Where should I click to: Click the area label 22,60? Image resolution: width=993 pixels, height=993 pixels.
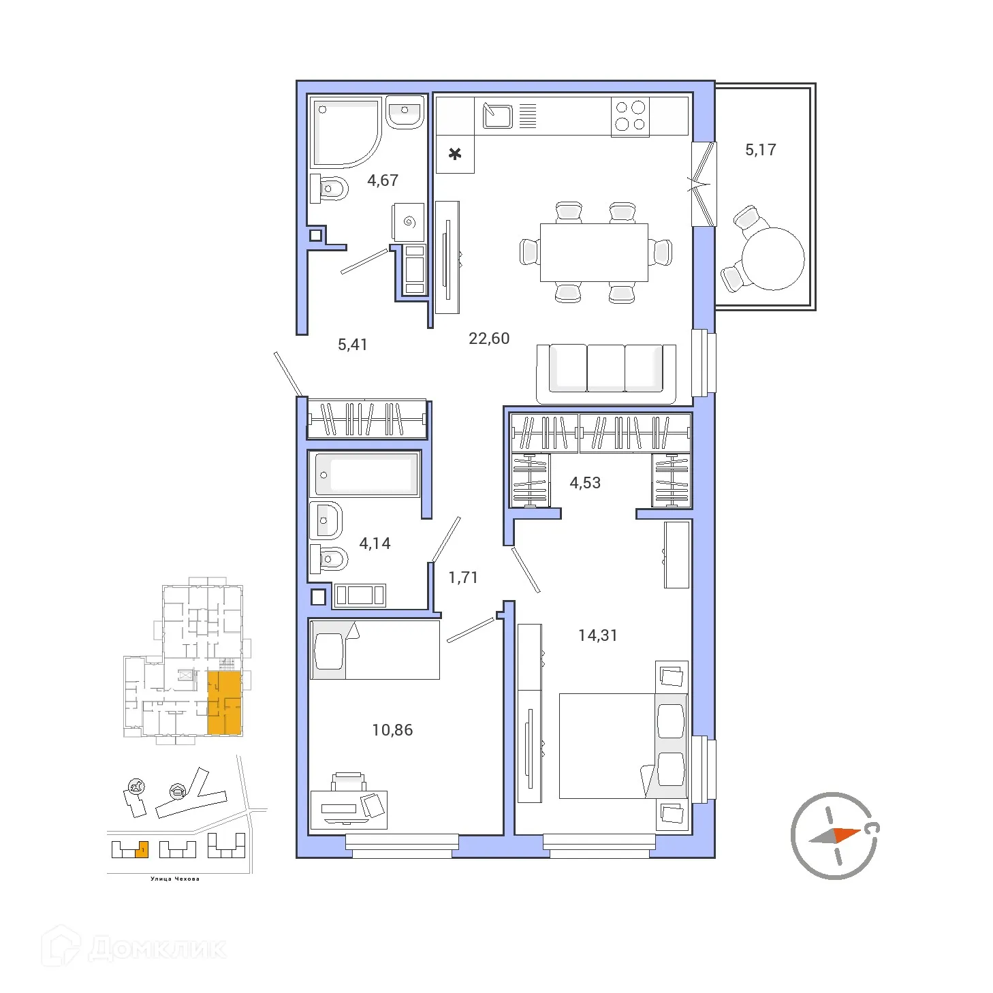488,338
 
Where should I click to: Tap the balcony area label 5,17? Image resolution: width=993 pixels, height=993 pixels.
760,150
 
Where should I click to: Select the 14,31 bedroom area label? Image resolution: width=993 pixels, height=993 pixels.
597,635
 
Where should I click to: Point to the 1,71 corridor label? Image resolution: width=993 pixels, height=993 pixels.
462,578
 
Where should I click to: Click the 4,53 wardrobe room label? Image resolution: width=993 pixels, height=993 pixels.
584,483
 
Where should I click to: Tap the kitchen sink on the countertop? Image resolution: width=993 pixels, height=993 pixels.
497,116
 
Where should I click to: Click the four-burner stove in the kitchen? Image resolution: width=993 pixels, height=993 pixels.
630,116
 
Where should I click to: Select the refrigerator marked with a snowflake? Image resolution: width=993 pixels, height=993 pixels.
455,154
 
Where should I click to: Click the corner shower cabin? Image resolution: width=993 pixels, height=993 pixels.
343,132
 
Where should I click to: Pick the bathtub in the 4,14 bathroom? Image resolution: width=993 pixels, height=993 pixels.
364,474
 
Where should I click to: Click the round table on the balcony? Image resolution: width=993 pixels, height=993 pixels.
772,259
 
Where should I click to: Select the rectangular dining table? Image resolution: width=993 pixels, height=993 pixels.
594,252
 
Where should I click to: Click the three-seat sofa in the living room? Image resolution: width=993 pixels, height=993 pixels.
605,372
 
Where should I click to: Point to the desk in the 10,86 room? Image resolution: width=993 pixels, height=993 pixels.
349,809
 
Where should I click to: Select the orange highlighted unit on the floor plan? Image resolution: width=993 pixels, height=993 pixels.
224,703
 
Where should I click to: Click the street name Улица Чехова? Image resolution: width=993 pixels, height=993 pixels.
175,879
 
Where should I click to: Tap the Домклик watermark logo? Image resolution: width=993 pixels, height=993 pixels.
135,949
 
